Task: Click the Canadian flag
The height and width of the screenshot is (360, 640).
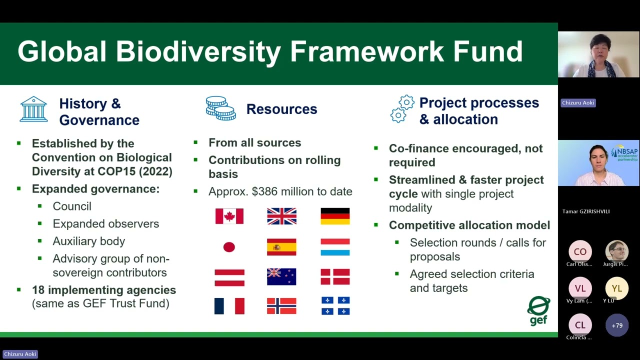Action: coord(229,216)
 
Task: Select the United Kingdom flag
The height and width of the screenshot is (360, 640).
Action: coord(281,216)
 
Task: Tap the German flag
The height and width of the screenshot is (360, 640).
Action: coord(335,216)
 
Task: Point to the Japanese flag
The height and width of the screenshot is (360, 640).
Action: coord(229,247)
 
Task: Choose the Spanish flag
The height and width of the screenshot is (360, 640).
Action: coord(281,247)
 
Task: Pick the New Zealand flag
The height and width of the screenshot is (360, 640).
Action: coord(281,276)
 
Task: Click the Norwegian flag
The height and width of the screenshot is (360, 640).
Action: coord(281,306)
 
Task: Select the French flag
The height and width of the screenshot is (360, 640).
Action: coord(229,306)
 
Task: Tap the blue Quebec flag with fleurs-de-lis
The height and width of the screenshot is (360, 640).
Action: coord(335,305)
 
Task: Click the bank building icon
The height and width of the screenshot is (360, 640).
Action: coord(33,109)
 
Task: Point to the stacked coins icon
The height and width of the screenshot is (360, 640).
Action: coord(221,108)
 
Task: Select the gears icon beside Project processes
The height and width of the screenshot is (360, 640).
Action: coord(402,109)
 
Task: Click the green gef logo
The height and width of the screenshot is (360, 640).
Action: coord(538,310)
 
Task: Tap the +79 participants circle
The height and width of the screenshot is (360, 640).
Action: coord(617,325)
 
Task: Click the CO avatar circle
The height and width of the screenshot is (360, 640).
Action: coord(580,251)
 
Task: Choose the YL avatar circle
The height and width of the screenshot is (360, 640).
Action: coord(617,288)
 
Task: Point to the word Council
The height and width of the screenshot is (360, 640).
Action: coord(72,206)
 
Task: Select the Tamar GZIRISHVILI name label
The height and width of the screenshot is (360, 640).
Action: coord(586,211)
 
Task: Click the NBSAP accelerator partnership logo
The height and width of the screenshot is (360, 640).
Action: coord(624,153)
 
